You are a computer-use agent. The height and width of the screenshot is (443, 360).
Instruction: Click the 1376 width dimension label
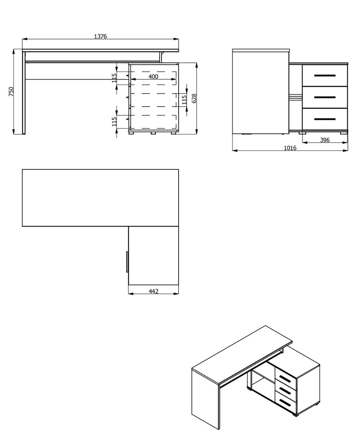(x=100, y=37)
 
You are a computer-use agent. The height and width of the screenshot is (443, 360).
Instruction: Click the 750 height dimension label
(x=11, y=92)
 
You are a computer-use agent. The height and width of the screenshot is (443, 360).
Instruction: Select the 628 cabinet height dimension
(x=194, y=98)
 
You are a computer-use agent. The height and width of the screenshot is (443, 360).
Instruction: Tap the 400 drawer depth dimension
(x=153, y=76)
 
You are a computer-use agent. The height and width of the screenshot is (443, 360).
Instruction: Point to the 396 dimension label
(x=325, y=140)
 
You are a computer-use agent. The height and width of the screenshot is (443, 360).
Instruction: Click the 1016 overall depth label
(x=290, y=148)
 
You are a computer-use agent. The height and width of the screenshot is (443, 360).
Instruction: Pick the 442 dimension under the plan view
(x=153, y=291)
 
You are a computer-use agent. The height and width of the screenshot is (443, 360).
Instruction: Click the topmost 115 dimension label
(x=114, y=78)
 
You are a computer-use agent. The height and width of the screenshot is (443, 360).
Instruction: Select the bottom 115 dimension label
(x=114, y=121)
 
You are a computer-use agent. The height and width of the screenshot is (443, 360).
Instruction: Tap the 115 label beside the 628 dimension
(x=184, y=100)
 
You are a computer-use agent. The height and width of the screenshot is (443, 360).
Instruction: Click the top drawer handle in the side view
(x=325, y=76)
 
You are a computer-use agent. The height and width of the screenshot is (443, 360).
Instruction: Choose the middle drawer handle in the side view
(x=325, y=97)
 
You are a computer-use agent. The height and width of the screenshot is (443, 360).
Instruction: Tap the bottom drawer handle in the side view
(x=325, y=119)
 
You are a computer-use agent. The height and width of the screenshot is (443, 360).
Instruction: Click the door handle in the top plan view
(x=127, y=262)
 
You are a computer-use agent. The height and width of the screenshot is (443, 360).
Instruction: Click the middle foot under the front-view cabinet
(x=153, y=133)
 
